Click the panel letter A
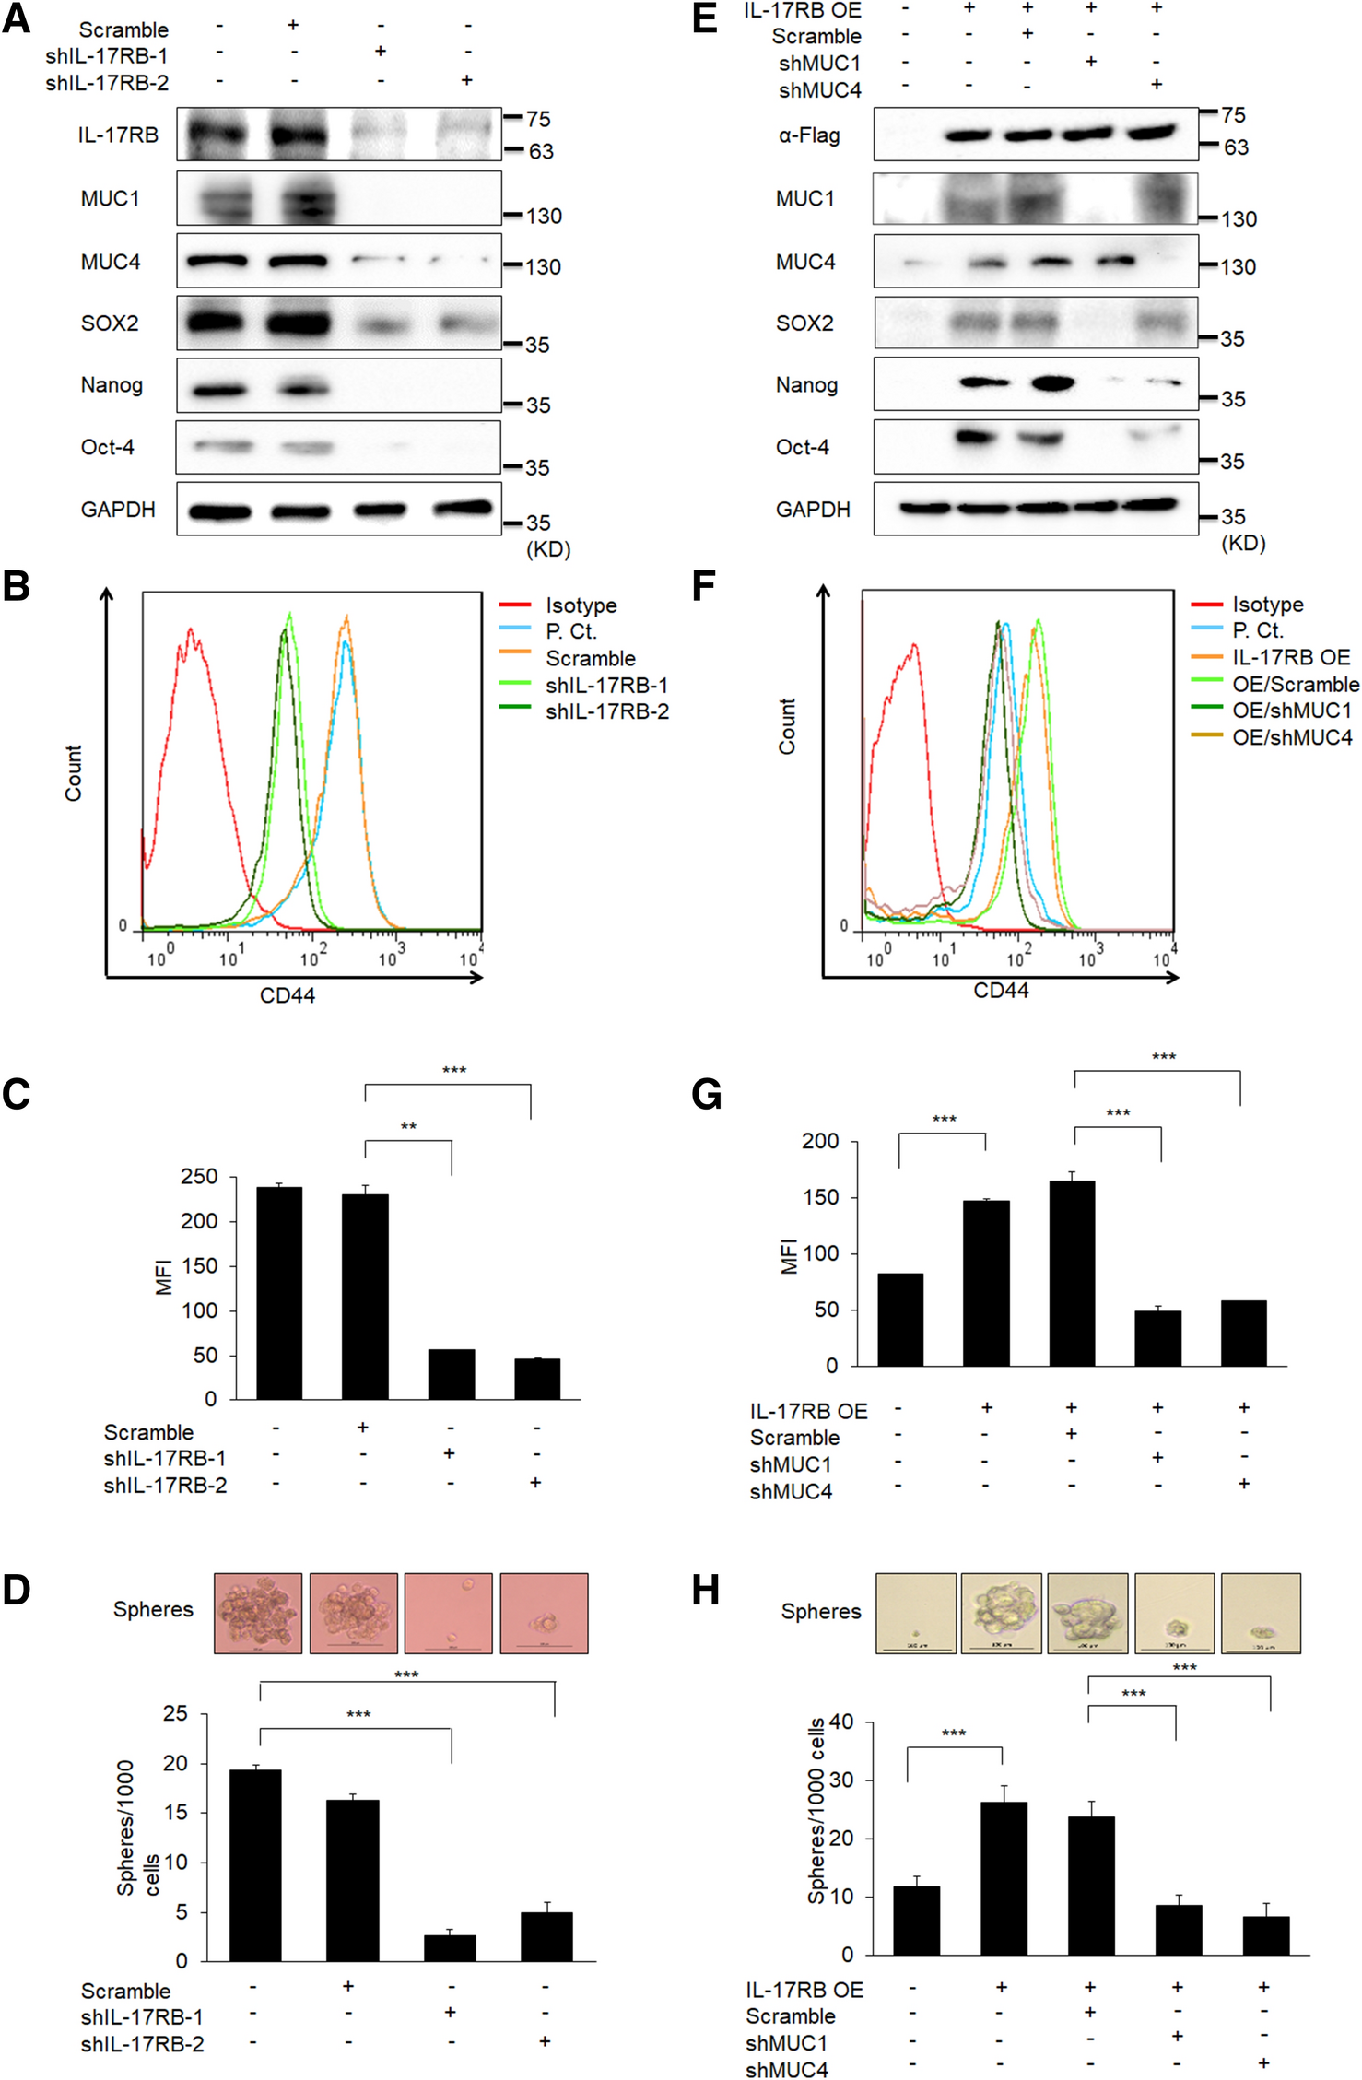click(17, 18)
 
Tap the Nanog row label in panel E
click(806, 385)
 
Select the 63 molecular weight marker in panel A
click(541, 151)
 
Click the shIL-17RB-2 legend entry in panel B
click(606, 711)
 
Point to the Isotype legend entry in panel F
click(1267, 605)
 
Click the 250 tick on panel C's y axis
click(199, 1177)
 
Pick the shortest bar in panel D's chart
click(450, 1947)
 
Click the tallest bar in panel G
click(1072, 1273)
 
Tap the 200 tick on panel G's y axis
click(820, 1142)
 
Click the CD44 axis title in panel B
click(288, 995)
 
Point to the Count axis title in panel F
click(787, 726)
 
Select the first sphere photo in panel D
click(258, 1613)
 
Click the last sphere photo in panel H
click(1261, 1613)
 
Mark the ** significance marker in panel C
click(408, 1126)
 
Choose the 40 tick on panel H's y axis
click(841, 1722)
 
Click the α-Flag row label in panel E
click(809, 136)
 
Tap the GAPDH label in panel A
click(118, 510)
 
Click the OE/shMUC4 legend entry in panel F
click(1292, 737)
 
